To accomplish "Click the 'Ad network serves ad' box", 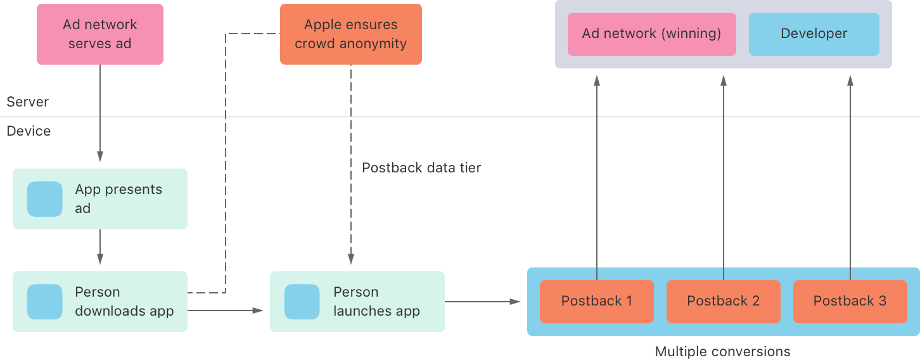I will coord(100,34).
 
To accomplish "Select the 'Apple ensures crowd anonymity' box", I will coord(350,34).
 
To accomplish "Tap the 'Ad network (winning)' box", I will coord(651,34).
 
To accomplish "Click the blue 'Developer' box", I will coord(814,34).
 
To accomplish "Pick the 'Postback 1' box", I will coord(596,301).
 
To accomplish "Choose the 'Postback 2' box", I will coord(723,301).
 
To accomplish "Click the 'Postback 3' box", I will coord(850,301).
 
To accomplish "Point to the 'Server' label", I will coord(27,102).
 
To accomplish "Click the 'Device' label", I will coord(29,131).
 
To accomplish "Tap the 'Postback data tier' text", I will coord(421,168).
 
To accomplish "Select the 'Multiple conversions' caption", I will coord(722,351).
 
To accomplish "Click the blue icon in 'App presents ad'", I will coord(45,199).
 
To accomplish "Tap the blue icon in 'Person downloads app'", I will coord(45,302).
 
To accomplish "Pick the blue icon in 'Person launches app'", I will coord(302,302).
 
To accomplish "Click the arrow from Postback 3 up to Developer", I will coord(850,177).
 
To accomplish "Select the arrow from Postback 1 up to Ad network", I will coord(596,177).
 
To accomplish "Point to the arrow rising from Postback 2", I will coord(723,177).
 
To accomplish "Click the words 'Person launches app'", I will coord(376,302).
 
